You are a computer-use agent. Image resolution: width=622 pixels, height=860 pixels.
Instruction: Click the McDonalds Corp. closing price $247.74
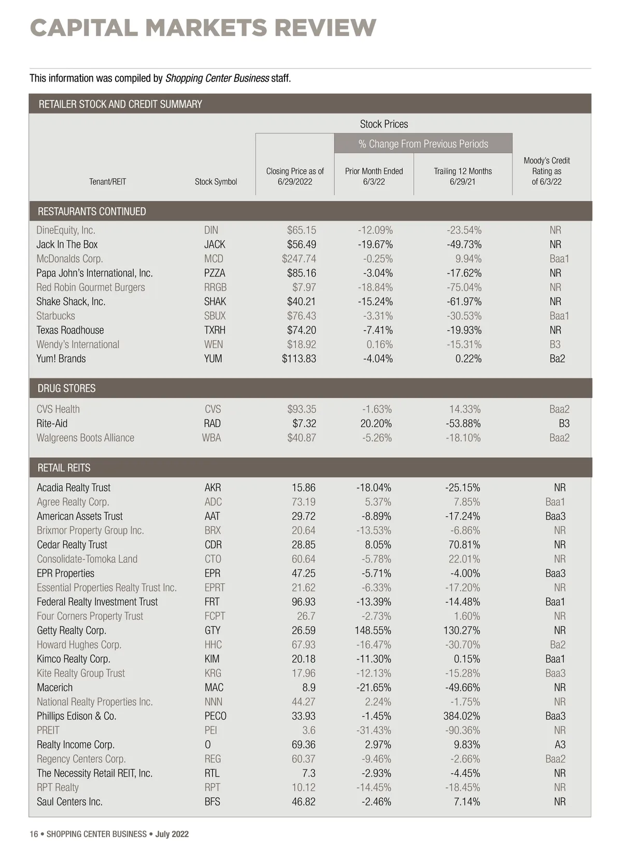click(299, 258)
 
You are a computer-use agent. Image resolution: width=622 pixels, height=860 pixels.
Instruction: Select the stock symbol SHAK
click(215, 302)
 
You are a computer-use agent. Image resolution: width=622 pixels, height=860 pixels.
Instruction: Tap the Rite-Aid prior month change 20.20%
click(376, 424)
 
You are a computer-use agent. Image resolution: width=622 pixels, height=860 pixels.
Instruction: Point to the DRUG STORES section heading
click(66, 388)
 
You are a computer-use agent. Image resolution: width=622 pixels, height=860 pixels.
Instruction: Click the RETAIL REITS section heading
click(64, 468)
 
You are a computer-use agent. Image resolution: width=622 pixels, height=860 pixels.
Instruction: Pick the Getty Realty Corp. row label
click(72, 630)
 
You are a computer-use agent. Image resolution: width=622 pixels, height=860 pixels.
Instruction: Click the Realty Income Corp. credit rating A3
click(560, 744)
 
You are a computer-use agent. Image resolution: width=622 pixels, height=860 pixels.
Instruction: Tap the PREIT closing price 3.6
click(309, 730)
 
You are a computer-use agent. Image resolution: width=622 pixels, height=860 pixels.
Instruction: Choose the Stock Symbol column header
click(216, 182)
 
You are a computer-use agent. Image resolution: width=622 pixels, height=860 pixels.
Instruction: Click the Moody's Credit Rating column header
click(546, 171)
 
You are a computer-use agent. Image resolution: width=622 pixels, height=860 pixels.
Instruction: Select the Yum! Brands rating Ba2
click(557, 359)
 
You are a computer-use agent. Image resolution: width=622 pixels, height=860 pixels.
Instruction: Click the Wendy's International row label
click(78, 344)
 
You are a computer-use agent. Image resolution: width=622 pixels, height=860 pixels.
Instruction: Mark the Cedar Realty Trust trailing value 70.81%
click(464, 544)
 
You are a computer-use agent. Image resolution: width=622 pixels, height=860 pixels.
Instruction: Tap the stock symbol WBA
click(211, 438)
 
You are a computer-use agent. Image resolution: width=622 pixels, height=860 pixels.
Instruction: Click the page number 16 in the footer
click(34, 834)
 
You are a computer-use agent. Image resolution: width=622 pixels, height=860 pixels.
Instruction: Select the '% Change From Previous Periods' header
click(423, 144)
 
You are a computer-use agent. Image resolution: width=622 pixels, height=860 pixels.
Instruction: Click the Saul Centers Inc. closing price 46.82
click(303, 801)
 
